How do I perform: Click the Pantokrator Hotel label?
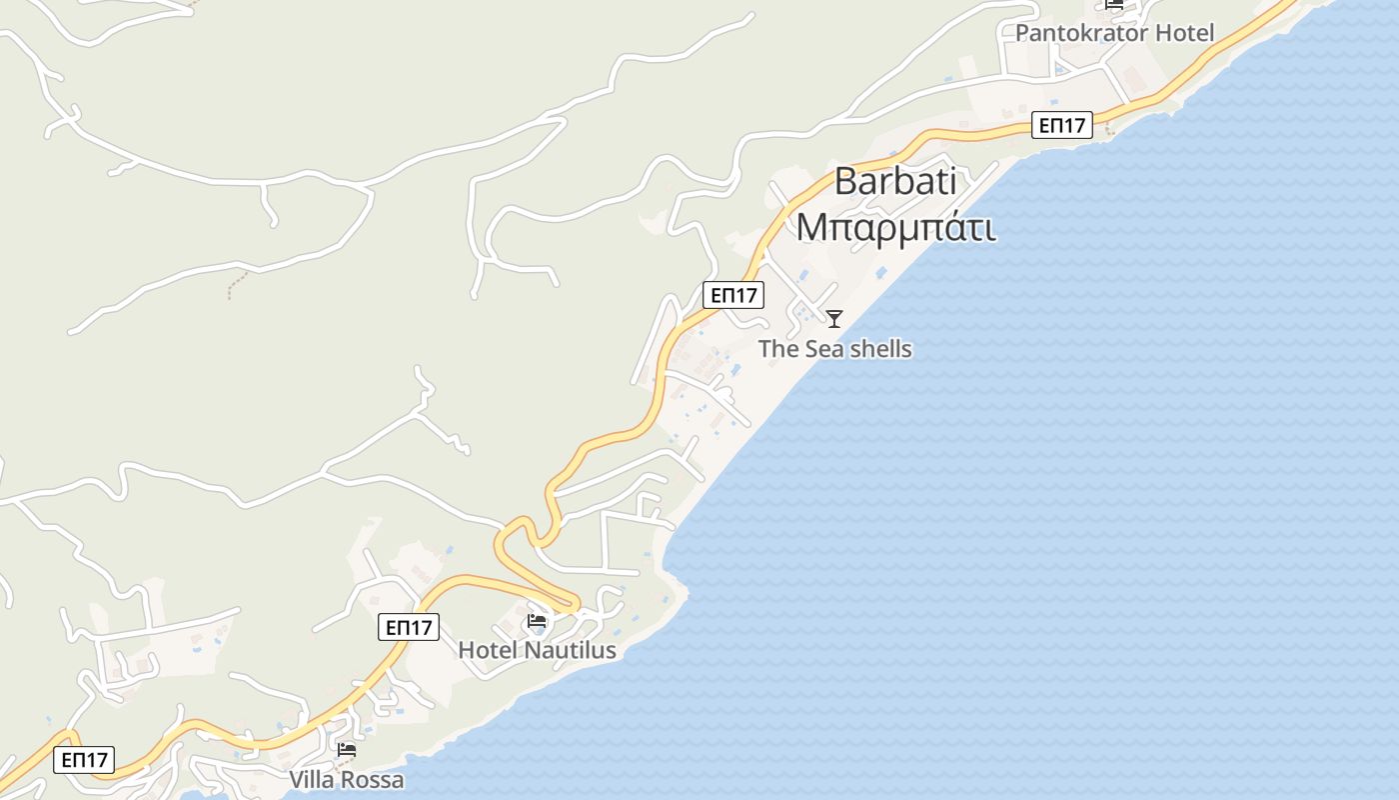pos(1114,33)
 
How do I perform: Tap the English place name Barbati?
pos(895,181)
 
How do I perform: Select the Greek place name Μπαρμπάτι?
pos(895,227)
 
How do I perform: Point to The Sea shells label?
pos(834,349)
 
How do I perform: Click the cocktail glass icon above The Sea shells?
pos(834,319)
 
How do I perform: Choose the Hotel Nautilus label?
pos(537,650)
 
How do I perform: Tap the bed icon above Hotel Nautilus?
pos(537,621)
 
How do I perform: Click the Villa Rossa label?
pos(347,780)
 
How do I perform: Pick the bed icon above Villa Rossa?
pos(347,749)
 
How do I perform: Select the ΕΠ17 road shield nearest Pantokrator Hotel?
pos(1062,125)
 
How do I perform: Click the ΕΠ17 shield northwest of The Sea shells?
pos(733,295)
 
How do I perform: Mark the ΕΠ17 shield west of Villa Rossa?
pos(85,760)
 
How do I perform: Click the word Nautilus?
pos(571,650)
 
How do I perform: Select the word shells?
pos(879,349)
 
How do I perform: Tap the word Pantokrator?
pos(1081,33)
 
